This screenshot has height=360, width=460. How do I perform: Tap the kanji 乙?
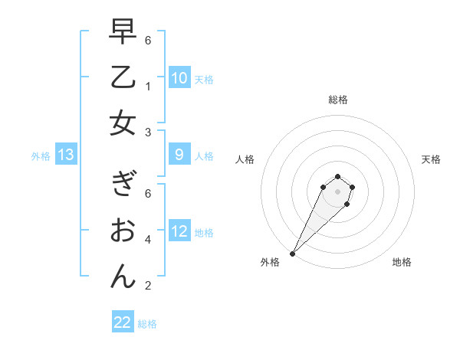[x=123, y=78]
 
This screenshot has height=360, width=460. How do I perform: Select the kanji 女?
[x=123, y=123]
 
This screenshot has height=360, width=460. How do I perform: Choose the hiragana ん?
[x=123, y=275]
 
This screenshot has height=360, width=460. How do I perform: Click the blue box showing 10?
[x=179, y=78]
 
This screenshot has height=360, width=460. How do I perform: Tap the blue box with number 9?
[x=179, y=155]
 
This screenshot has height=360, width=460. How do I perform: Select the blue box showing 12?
[x=179, y=231]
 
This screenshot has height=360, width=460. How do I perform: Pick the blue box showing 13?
[x=66, y=155]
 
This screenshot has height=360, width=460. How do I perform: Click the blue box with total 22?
[x=123, y=322]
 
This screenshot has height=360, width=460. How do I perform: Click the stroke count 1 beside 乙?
[x=147, y=87]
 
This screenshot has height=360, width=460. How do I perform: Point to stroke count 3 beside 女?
[x=147, y=133]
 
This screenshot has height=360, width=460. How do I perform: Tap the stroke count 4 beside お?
[x=147, y=240]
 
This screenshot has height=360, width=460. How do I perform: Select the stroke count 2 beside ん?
[x=147, y=286]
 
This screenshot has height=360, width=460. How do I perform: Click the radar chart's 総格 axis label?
[x=337, y=100]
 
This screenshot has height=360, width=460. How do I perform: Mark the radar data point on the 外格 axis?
[x=293, y=254]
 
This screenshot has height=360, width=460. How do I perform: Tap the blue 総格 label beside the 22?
[x=147, y=323]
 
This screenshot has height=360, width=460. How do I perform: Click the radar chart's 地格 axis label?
[x=402, y=262]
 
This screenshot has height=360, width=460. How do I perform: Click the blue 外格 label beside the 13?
[x=41, y=156]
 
